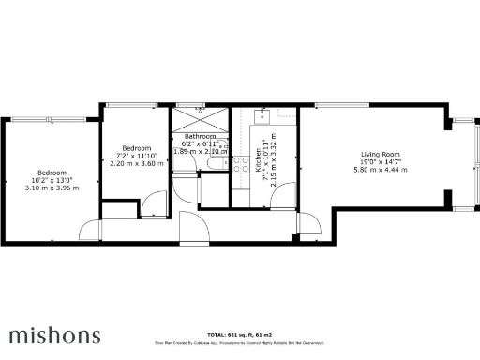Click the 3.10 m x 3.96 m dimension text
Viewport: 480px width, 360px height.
click(x=52, y=187)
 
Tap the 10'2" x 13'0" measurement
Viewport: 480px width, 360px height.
click(x=52, y=180)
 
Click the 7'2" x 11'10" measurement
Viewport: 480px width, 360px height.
click(x=136, y=156)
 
